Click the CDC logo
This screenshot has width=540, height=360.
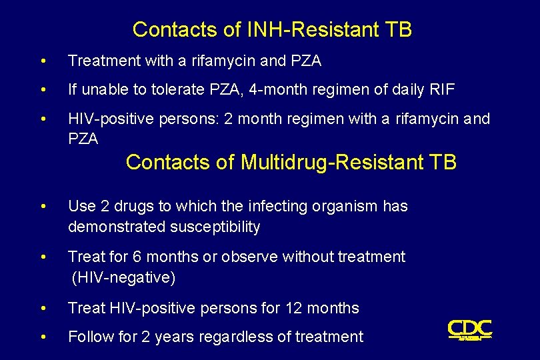(x=469, y=329)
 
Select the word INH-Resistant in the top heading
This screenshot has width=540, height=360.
(x=304, y=30)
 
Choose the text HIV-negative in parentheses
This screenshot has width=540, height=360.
(x=123, y=277)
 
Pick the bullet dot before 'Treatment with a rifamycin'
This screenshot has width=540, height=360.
(x=43, y=61)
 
